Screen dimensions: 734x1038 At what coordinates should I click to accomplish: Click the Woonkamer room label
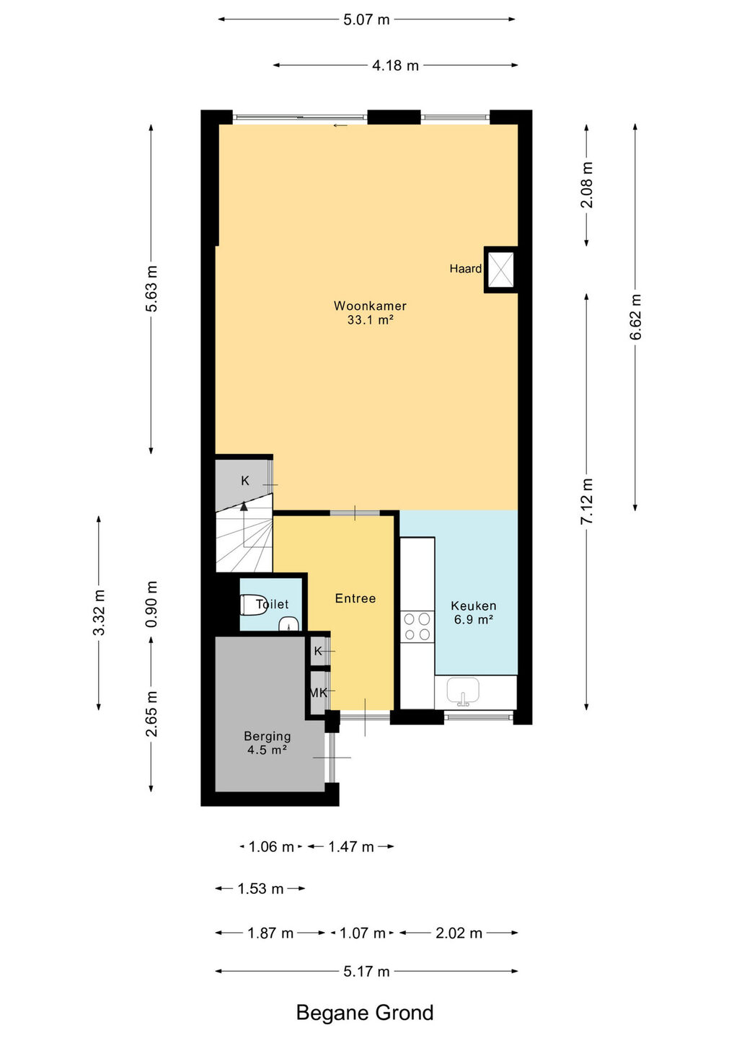click(370, 306)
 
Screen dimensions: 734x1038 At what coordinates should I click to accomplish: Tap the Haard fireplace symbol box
click(501, 270)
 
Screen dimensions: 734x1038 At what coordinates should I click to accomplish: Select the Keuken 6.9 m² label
click(474, 613)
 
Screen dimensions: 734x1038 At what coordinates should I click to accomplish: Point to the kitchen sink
click(463, 692)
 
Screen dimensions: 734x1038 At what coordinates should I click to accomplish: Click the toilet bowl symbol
click(253, 605)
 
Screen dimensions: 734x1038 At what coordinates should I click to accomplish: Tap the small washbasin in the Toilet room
click(288, 624)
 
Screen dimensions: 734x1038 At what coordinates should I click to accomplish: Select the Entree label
click(355, 598)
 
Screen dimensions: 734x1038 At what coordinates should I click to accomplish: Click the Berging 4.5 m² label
click(267, 742)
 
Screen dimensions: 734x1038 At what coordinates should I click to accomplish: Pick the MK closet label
click(319, 693)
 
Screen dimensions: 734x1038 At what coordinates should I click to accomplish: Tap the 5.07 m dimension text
click(366, 20)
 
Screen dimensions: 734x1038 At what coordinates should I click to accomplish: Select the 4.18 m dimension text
click(395, 66)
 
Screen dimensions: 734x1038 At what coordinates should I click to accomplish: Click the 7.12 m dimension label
click(587, 501)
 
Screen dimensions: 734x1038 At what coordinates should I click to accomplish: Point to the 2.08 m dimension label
click(587, 185)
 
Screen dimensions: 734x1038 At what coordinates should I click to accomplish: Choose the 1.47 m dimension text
click(351, 847)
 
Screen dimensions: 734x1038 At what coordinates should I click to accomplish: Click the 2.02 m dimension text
click(459, 933)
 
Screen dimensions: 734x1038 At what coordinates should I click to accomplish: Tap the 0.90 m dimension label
click(151, 604)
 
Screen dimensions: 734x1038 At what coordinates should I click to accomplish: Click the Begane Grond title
click(365, 1013)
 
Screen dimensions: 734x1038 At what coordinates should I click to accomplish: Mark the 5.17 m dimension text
click(366, 971)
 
